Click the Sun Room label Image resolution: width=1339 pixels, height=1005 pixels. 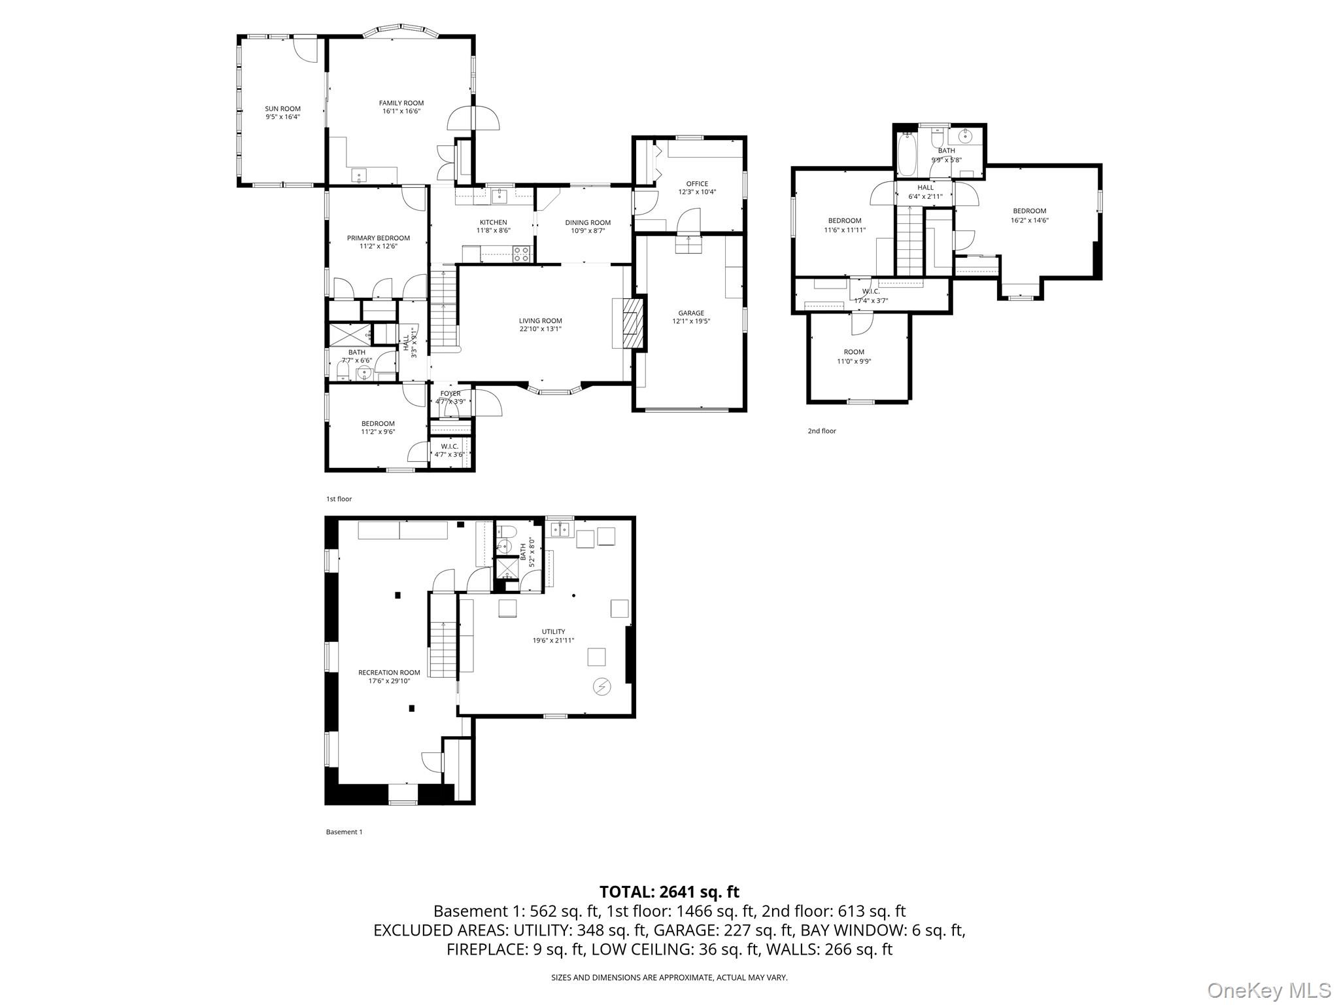[282, 109]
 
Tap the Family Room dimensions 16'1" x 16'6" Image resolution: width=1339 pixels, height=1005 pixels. [401, 111]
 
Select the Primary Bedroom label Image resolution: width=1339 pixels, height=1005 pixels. [379, 238]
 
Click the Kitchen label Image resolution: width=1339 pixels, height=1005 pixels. [493, 222]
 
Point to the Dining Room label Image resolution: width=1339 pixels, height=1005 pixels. [588, 222]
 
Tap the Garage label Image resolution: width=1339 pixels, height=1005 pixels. [691, 313]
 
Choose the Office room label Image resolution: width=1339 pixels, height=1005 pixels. [697, 184]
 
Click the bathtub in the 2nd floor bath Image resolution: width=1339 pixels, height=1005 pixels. [907, 154]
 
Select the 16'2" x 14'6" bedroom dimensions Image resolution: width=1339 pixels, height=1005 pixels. [1030, 220]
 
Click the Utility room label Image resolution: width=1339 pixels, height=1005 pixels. [553, 631]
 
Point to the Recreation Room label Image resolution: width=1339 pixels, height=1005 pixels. [389, 672]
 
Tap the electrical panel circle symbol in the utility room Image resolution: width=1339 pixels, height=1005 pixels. [601, 686]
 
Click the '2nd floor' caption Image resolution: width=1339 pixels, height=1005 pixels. [822, 431]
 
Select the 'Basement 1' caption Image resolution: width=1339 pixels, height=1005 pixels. [344, 832]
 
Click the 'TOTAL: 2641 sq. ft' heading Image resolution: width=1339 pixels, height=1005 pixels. [669, 891]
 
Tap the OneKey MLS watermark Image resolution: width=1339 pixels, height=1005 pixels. [1268, 990]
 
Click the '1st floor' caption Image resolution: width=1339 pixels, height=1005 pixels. [339, 499]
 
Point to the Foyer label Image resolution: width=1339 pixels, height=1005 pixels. [450, 393]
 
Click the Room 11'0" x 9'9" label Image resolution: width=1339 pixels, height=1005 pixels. [854, 356]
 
